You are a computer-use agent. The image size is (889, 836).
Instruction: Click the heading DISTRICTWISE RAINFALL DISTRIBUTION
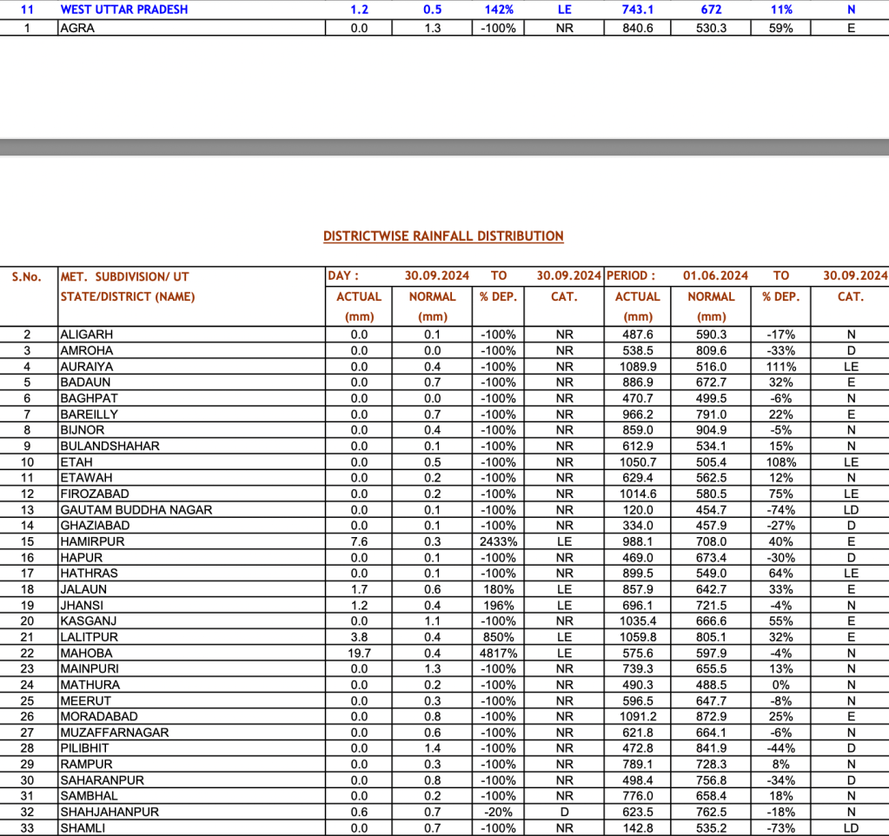coord(443,236)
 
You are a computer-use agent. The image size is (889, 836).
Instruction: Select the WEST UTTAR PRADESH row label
coord(124,10)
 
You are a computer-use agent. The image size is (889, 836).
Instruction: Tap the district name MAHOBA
coord(86,654)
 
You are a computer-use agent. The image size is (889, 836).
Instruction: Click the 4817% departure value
coord(498,654)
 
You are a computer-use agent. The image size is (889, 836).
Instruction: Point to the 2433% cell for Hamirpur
coord(498,541)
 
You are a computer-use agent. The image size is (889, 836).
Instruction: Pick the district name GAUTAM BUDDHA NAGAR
coord(136,510)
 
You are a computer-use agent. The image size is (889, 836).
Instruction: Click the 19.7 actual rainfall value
coord(359,654)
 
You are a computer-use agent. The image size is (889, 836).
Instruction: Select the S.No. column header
coord(26,277)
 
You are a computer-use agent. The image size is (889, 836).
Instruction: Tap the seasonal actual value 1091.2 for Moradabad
coord(637,717)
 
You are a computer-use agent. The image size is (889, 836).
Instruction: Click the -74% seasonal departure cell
coord(780,510)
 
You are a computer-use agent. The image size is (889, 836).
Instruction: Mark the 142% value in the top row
coord(498,10)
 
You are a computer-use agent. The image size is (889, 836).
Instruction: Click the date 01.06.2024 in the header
coord(715,275)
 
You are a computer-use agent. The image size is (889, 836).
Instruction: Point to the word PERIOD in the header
coord(630,275)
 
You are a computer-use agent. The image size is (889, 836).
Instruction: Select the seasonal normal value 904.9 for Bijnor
coord(711,430)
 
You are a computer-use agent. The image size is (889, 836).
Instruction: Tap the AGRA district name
coord(77,28)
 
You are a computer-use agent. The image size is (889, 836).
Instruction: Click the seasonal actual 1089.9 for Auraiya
coord(637,367)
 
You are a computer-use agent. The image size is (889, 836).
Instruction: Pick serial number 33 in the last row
coord(27,828)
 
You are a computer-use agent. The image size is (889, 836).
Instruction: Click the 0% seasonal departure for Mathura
coord(780,685)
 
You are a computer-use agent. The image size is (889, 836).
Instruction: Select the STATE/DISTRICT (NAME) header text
coord(128,297)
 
